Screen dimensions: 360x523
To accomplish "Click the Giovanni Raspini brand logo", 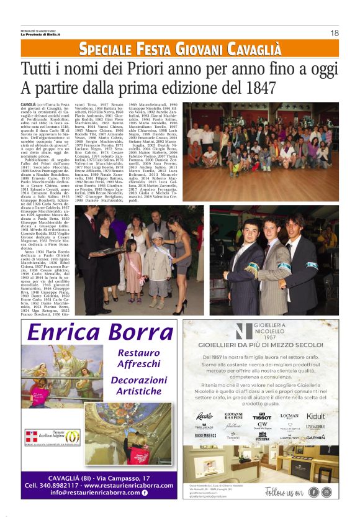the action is [233, 416].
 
